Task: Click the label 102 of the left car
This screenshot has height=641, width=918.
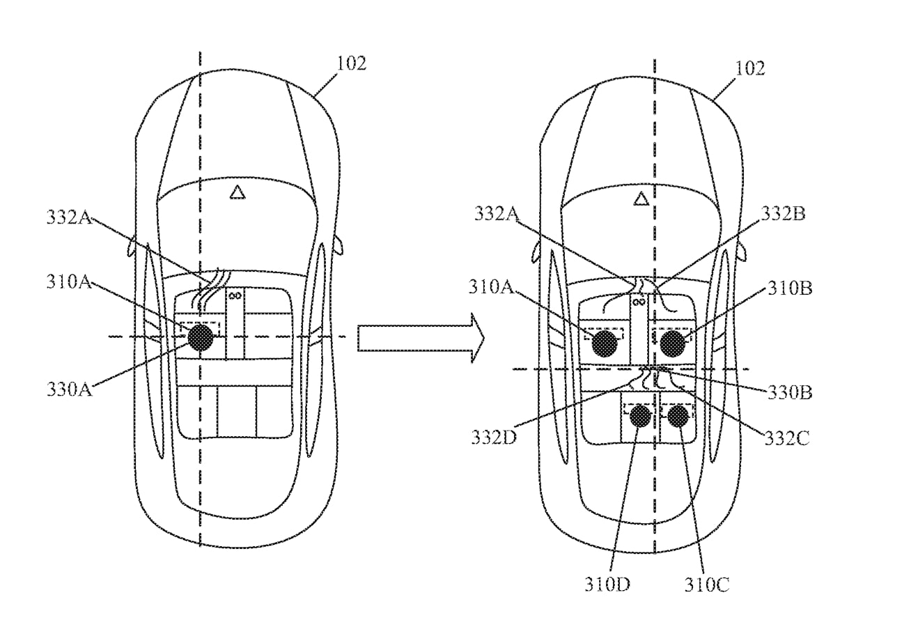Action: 351,63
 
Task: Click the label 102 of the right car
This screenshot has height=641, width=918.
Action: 750,68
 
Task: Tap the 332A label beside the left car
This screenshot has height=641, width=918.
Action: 69,217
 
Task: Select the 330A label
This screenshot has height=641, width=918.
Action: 69,389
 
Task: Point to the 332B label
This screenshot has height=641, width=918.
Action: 783,213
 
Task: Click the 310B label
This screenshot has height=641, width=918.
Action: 790,288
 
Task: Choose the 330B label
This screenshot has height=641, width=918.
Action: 790,392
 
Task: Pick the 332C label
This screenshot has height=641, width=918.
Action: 787,438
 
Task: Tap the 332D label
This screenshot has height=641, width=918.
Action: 494,438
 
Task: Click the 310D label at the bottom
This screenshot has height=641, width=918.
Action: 607,585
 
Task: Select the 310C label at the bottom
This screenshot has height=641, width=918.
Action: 707,585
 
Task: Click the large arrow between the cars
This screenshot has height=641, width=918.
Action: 421,338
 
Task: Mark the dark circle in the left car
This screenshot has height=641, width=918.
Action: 201,338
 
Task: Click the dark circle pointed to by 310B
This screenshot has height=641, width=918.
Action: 673,343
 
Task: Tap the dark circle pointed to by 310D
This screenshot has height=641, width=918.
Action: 641,417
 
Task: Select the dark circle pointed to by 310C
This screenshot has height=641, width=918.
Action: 678,417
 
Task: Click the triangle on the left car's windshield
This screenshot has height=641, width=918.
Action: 238,192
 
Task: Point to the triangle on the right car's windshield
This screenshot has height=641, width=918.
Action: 641,199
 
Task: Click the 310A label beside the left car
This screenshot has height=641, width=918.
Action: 69,282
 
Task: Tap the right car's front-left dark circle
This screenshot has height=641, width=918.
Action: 605,343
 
